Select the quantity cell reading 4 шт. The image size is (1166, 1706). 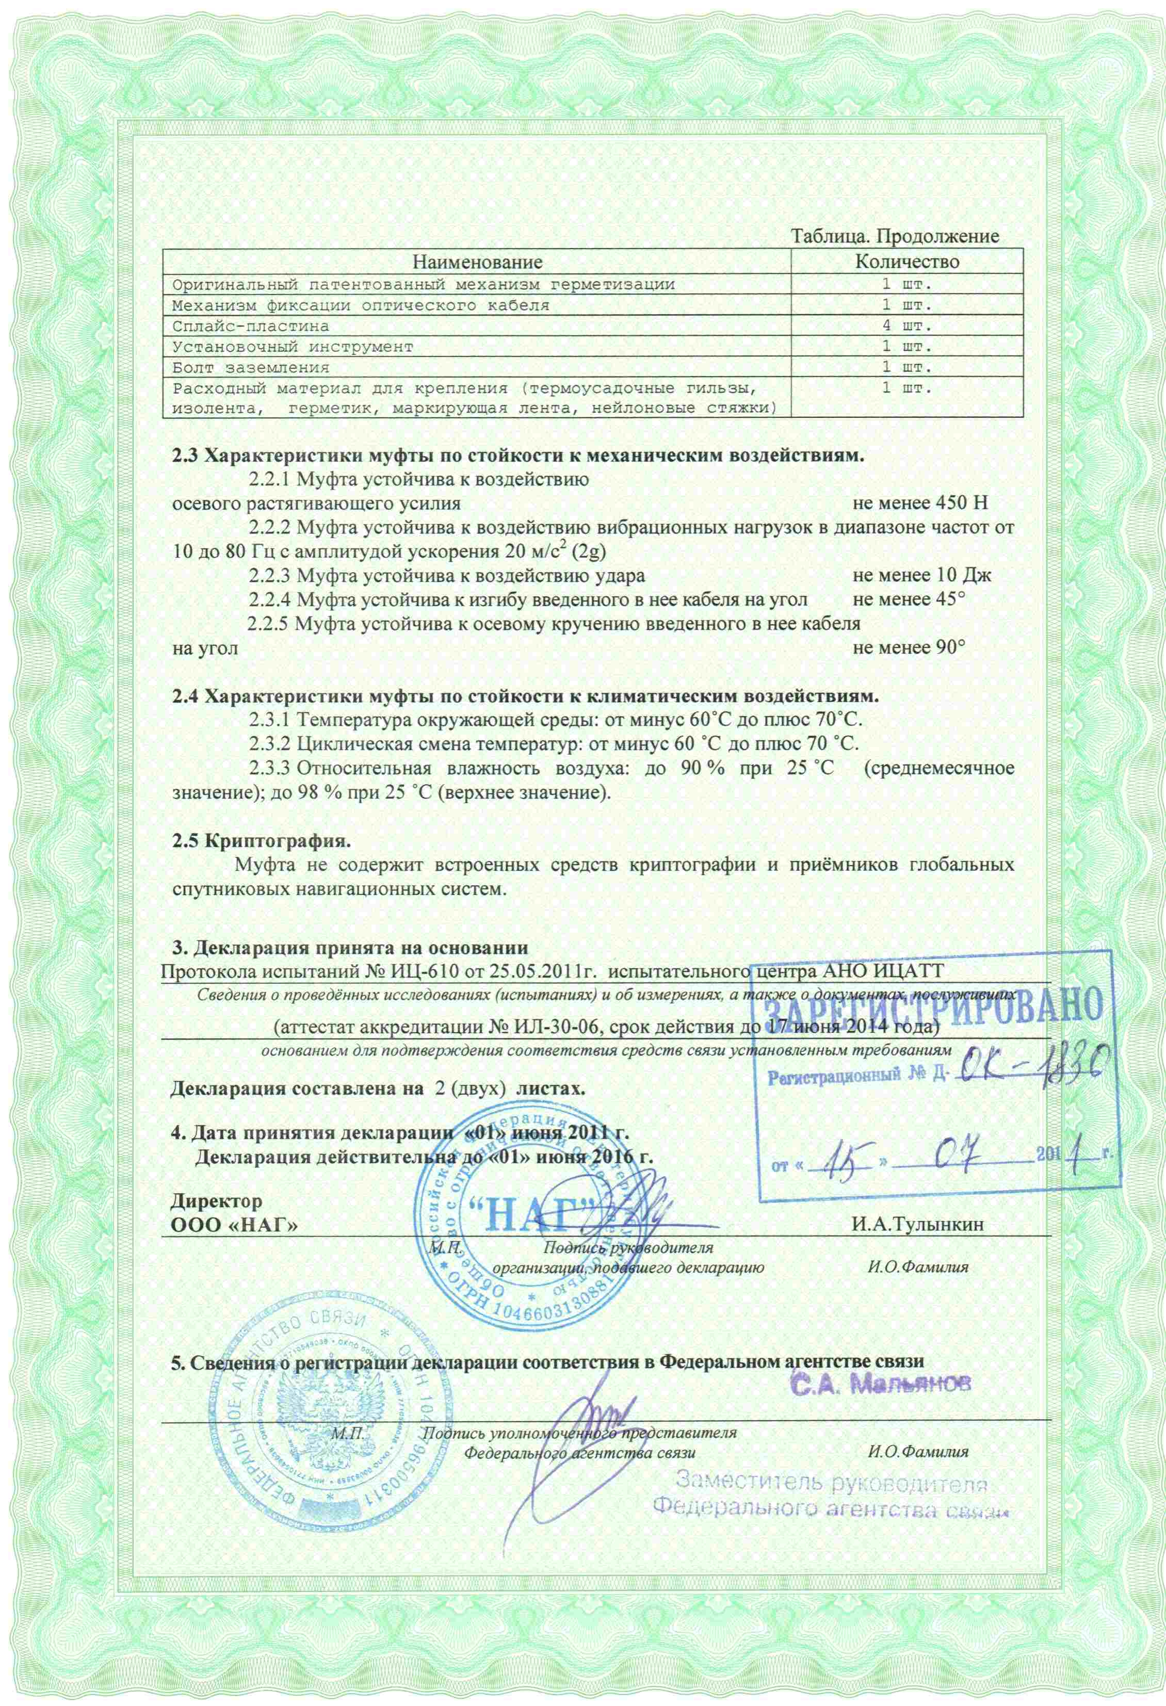908,325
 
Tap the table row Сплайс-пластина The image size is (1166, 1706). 250,325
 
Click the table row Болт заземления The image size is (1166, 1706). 250,367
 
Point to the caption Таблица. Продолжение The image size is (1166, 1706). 894,236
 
